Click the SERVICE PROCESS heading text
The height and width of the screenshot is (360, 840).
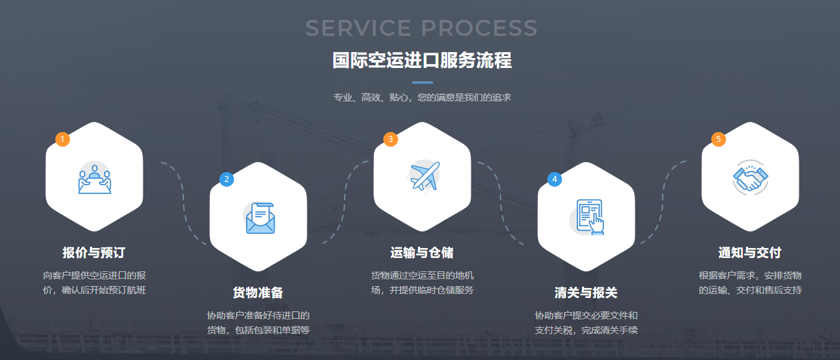click(421, 28)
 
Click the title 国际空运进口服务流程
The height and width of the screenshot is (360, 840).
click(422, 61)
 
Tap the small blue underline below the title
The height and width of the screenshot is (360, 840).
click(422, 83)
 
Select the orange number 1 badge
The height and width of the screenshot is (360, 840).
click(63, 139)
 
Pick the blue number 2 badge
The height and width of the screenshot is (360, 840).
click(227, 179)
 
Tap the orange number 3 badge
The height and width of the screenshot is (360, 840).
click(391, 139)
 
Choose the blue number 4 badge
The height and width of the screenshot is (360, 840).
click(555, 179)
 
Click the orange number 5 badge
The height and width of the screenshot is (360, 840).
click(718, 139)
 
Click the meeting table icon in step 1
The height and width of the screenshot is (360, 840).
click(94, 179)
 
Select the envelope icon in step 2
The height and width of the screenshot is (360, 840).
click(259, 218)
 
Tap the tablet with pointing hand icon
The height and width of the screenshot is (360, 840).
click(587, 217)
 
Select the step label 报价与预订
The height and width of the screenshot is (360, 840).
click(94, 253)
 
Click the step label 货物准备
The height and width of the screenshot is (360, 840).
click(258, 293)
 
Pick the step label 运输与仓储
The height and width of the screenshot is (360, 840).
click(422, 253)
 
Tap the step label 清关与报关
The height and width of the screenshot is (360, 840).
click(586, 293)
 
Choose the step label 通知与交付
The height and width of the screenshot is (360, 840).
click(750, 253)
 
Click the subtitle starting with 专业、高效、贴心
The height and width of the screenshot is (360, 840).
click(422, 97)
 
